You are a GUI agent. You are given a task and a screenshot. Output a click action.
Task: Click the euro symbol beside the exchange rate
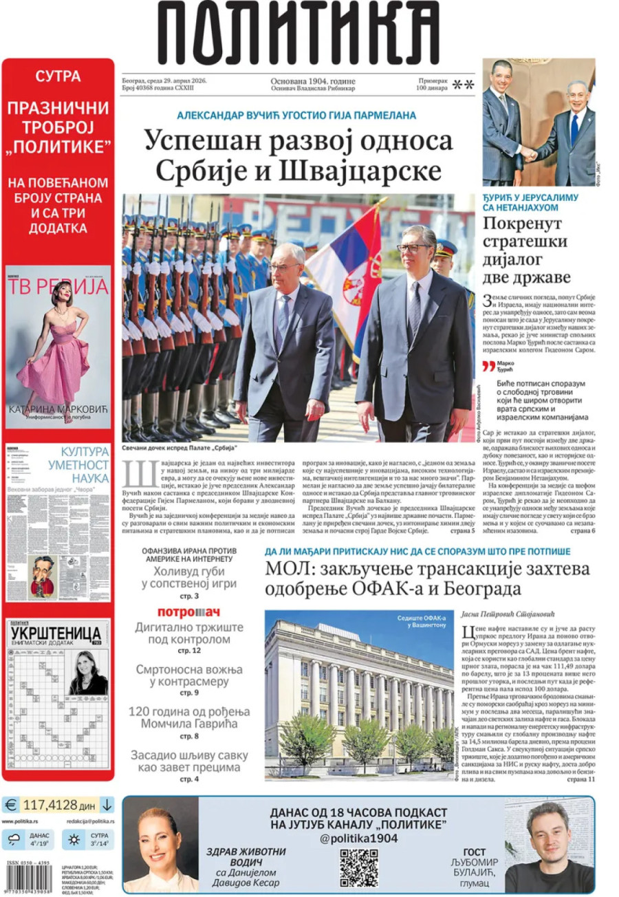click(11, 804)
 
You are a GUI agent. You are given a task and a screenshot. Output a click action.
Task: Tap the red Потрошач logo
click(188, 612)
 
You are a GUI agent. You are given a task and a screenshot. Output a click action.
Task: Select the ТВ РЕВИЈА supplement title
click(58, 285)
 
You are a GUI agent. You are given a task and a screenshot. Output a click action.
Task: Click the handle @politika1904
click(358, 838)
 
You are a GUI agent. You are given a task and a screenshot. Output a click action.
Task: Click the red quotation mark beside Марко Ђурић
click(488, 366)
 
